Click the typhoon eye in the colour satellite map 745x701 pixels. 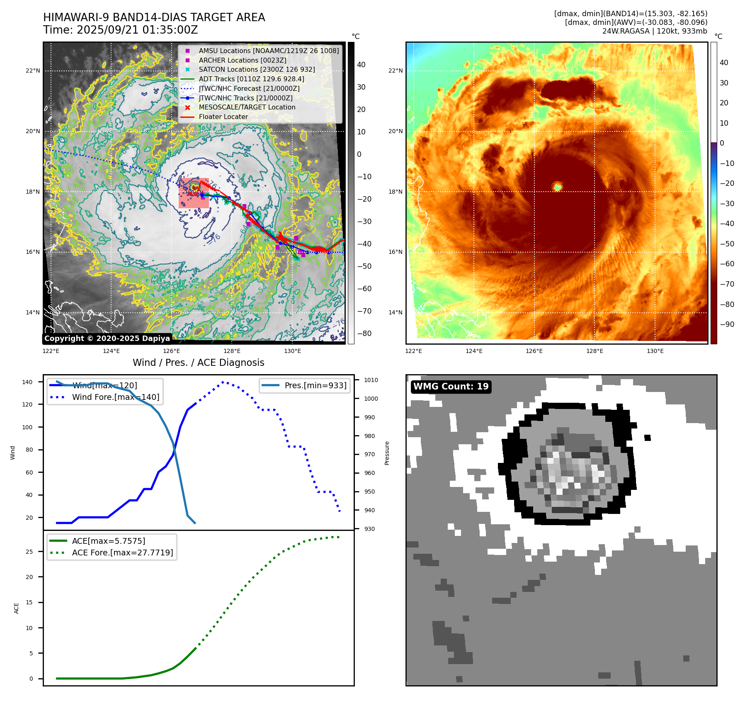pyautogui.click(x=558, y=187)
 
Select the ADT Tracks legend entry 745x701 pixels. pyautogui.click(x=251, y=79)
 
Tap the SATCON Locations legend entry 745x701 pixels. pyautogui.click(x=257, y=69)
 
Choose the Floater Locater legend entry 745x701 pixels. pyautogui.click(x=223, y=117)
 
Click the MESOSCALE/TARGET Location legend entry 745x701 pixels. pyautogui.click(x=247, y=107)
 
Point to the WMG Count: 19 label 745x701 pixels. pyautogui.click(x=451, y=387)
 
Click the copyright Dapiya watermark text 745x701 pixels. pyautogui.click(x=107, y=338)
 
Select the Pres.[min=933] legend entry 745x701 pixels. pyautogui.click(x=315, y=385)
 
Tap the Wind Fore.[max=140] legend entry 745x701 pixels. pyautogui.click(x=115, y=397)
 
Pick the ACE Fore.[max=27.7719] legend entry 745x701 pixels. pyautogui.click(x=122, y=553)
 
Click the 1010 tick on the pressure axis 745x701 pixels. pyautogui.click(x=371, y=380)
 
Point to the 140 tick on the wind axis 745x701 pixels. pyautogui.click(x=27, y=382)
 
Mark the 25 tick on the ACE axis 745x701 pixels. pyautogui.click(x=29, y=552)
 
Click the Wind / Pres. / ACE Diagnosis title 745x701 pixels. pyautogui.click(x=198, y=363)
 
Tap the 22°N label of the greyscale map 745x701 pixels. pyautogui.click(x=33, y=71)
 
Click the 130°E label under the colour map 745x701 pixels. pyautogui.click(x=655, y=351)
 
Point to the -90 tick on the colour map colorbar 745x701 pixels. pyautogui.click(x=727, y=324)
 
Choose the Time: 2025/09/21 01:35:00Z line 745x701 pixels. pyautogui.click(x=121, y=30)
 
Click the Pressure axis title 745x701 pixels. pyautogui.click(x=387, y=453)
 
